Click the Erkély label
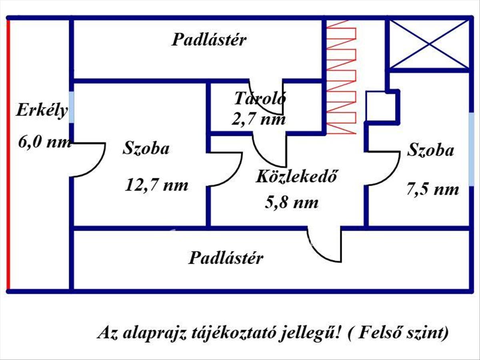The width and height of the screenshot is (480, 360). click(x=42, y=110)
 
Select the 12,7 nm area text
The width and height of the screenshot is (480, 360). click(x=156, y=185)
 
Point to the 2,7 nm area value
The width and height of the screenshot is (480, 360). click(x=259, y=119)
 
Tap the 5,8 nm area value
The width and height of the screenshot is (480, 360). click(x=292, y=202)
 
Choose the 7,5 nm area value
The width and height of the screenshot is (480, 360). click(x=433, y=189)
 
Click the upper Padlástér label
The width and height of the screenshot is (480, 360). click(x=209, y=40)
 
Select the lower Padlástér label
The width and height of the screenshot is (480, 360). click(x=226, y=258)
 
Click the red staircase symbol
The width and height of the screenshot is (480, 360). click(x=341, y=76)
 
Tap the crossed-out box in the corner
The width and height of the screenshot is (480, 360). click(x=429, y=44)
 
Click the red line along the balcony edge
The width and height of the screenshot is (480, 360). click(x=8, y=154)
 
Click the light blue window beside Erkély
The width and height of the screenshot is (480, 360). click(x=72, y=108)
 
